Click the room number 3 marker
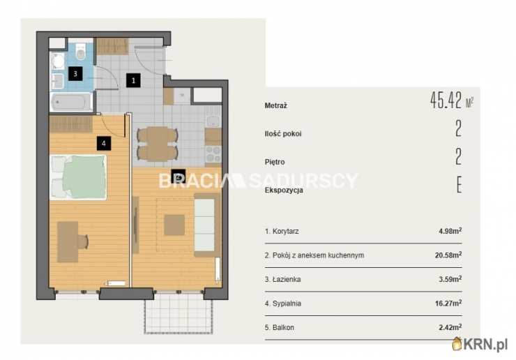pyautogui.click(x=75, y=73)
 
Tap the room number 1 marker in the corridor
pyautogui.click(x=133, y=80)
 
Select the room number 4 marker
pyautogui.click(x=104, y=143)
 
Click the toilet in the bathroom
pyautogui.click(x=81, y=52)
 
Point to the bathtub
pyautogui.click(x=71, y=102)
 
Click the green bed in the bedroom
pyautogui.click(x=78, y=177)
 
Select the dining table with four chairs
pyautogui.click(x=158, y=144)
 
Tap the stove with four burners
pyautogui.click(x=213, y=154)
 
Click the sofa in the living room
pyautogui.click(x=207, y=225)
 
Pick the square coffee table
pyautogui.click(x=174, y=225)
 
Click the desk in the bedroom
pyautogui.click(x=68, y=242)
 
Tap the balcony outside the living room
pyautogui.click(x=179, y=313)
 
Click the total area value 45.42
pyautogui.click(x=446, y=100)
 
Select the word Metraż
pyautogui.click(x=275, y=106)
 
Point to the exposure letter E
pyautogui.click(x=459, y=184)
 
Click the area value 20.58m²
pyautogui.click(x=448, y=255)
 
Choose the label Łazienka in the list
pyautogui.click(x=287, y=279)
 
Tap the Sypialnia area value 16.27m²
pyautogui.click(x=448, y=303)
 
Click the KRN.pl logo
pyautogui.click(x=480, y=344)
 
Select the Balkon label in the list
pyautogui.click(x=283, y=327)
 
